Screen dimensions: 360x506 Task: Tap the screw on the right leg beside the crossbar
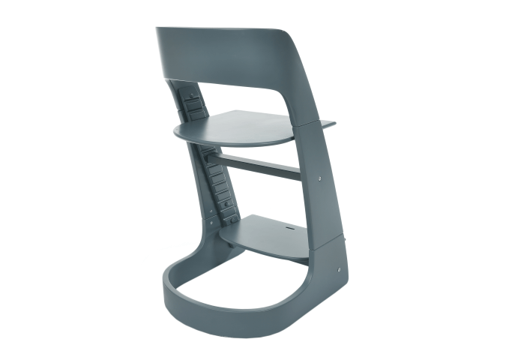click(x=319, y=179)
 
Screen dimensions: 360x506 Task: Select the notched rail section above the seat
click(x=193, y=105)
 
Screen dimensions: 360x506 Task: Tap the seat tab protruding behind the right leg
click(x=325, y=121)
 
